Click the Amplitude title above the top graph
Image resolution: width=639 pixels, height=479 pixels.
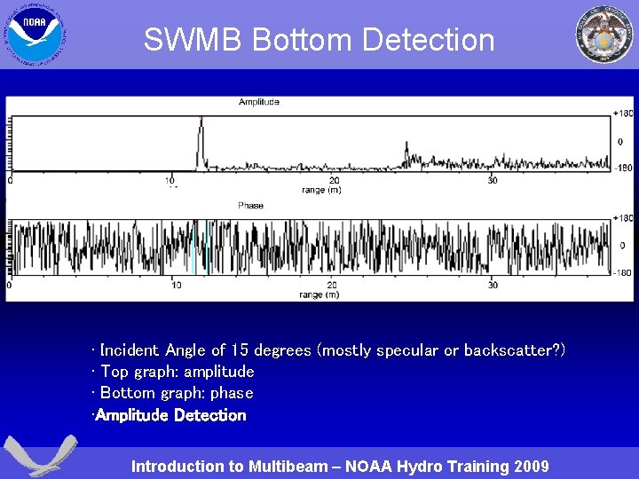click(258, 103)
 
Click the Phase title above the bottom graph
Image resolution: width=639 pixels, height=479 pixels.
click(250, 206)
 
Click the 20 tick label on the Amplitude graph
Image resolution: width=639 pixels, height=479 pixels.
click(334, 181)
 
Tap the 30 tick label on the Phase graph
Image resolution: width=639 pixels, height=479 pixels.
click(493, 286)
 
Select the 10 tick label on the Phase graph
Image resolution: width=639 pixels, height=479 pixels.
click(176, 286)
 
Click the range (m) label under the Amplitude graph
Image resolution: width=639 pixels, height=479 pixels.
click(320, 190)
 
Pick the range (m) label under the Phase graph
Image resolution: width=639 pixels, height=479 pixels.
click(319, 294)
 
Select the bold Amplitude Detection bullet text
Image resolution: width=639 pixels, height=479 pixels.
click(170, 415)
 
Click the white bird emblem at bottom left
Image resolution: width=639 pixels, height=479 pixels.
click(39, 457)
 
